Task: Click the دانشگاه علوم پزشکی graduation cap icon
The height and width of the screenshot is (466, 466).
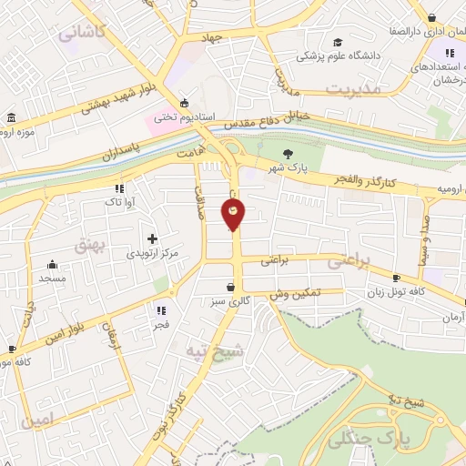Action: pyautogui.click(x=339, y=42)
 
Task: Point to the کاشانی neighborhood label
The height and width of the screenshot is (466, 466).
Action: pyautogui.click(x=83, y=32)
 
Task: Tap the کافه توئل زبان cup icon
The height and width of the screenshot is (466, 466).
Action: pyautogui.click(x=396, y=278)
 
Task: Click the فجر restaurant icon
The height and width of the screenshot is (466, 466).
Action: pyautogui.click(x=162, y=309)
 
